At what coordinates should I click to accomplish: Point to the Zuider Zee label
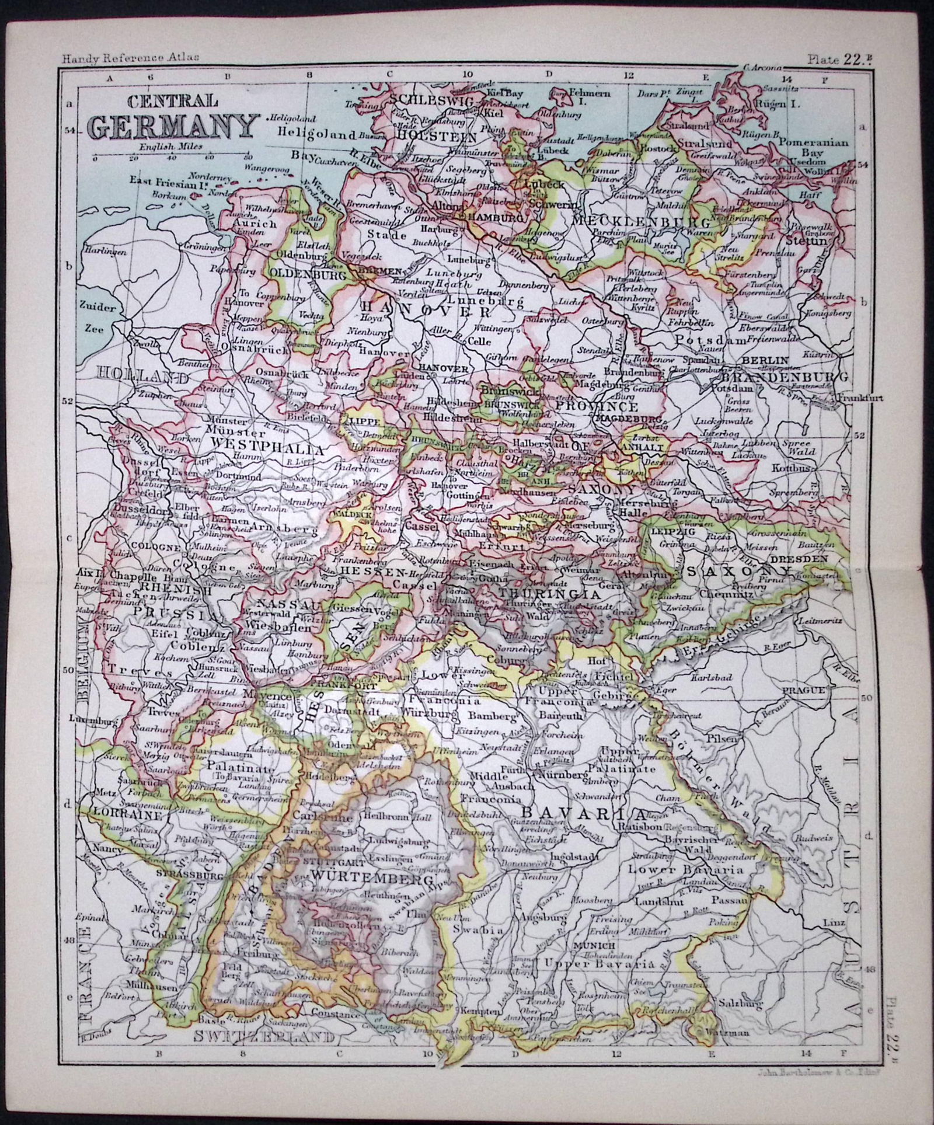93,319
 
